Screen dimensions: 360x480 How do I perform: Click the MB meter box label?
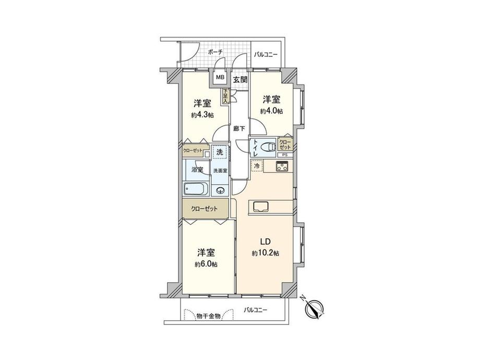(220, 78)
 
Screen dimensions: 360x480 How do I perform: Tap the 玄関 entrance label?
(240, 80)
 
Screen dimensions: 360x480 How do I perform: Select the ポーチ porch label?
(214, 52)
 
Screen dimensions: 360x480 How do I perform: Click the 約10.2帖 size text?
(266, 253)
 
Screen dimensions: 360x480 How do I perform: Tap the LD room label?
(266, 242)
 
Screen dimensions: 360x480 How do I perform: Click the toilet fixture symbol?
(268, 147)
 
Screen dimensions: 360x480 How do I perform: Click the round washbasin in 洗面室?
(220, 190)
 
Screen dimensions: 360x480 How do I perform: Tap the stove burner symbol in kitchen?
(282, 167)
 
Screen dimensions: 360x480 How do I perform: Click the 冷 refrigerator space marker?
(257, 165)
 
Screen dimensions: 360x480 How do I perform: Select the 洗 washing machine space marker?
(220, 153)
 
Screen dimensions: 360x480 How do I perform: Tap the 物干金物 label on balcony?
(208, 316)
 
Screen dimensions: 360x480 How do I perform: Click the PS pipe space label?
(285, 155)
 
